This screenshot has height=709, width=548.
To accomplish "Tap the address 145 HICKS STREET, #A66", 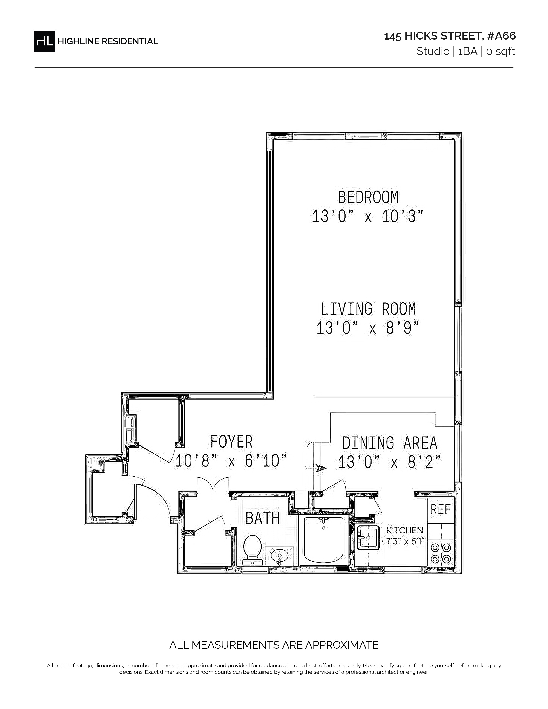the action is coord(450,36).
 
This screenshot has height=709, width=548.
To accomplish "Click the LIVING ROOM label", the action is coord(368,309).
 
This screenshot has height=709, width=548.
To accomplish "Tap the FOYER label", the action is coord(231,442).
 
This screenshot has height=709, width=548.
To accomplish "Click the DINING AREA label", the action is coord(390,443).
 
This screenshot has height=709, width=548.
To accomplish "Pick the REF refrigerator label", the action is coord(441,509).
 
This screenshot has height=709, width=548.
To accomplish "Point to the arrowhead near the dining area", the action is coord(320,468).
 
